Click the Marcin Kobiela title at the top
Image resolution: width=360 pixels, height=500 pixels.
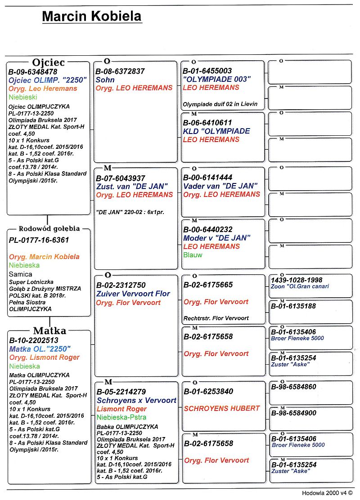[x=92, y=17]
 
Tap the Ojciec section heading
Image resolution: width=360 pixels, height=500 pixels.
[x=48, y=62]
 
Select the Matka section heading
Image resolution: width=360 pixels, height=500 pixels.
[x=49, y=331]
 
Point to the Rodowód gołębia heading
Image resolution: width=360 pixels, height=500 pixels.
[x=49, y=228]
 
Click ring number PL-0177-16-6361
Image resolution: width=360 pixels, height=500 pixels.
[x=39, y=240]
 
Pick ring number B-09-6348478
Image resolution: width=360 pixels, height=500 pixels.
[x=33, y=71]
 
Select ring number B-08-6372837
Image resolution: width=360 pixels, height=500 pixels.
[x=120, y=71]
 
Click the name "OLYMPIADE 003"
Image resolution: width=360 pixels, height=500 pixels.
[x=217, y=79]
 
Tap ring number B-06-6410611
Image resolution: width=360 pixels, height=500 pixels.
[x=207, y=123]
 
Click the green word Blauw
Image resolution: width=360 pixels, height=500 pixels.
[x=193, y=255]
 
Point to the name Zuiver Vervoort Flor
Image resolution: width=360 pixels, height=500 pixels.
[x=133, y=294]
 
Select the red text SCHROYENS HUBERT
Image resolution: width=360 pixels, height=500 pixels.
[x=222, y=408]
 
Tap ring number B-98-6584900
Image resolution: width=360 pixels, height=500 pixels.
[x=294, y=413]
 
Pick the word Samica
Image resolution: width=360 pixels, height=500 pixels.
[x=21, y=274]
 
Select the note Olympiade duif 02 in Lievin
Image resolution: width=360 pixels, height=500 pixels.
[x=220, y=104]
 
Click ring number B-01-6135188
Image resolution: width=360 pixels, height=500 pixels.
[x=293, y=306]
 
